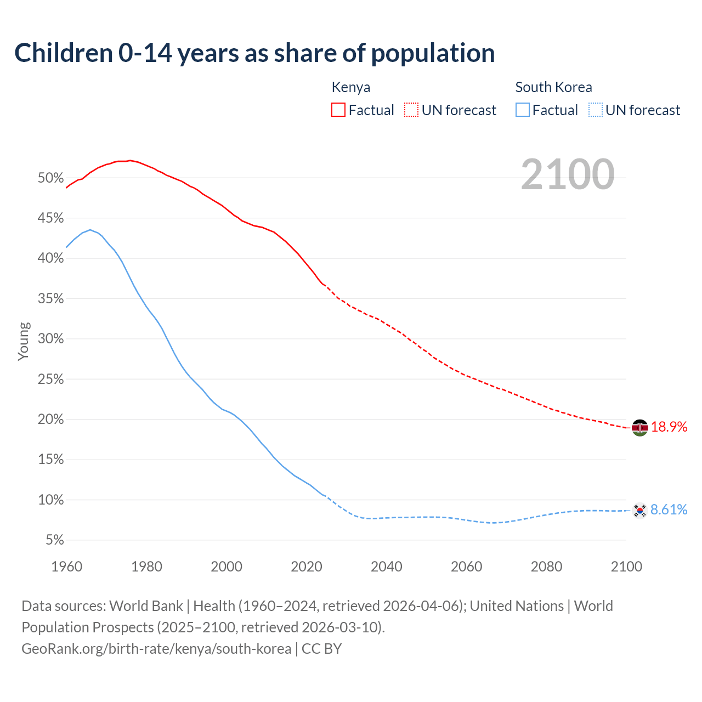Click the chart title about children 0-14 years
click(x=254, y=53)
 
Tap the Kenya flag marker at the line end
click(x=639, y=427)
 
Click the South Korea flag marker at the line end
click(x=639, y=511)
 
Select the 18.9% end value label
click(x=669, y=427)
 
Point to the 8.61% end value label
click(x=669, y=510)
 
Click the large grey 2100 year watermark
click(x=568, y=174)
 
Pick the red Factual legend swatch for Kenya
click(x=338, y=110)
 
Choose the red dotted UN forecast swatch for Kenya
click(x=411, y=110)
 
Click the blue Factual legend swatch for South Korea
click(x=523, y=110)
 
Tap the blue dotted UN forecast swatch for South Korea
click(x=596, y=110)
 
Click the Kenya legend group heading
click(x=351, y=87)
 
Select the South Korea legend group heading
click(x=553, y=87)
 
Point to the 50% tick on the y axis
click(x=51, y=178)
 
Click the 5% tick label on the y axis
click(x=54, y=541)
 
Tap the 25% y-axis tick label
click(x=51, y=380)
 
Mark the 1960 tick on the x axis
click(x=66, y=567)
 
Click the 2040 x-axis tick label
click(x=386, y=567)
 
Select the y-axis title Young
click(x=24, y=341)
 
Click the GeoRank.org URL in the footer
click(x=156, y=649)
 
